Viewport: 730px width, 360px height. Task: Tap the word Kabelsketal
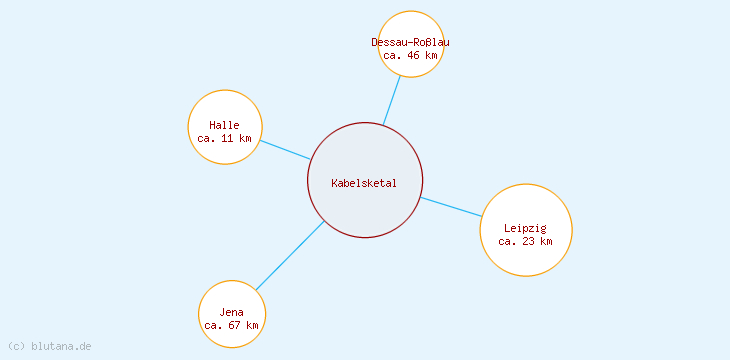(365, 183)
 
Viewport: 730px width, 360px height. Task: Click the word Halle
(225, 125)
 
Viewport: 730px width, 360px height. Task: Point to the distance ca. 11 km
(225, 138)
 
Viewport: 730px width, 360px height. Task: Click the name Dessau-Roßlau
(410, 42)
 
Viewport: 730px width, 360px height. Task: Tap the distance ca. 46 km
(410, 55)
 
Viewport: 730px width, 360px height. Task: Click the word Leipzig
(525, 228)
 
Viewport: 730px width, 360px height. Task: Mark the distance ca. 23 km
(525, 241)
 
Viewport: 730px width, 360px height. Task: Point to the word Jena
(232, 312)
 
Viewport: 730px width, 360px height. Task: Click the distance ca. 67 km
(232, 325)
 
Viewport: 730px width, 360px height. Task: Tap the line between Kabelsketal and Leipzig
(451, 207)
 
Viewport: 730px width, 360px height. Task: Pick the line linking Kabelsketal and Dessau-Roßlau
(392, 100)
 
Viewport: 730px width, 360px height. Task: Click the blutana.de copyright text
(60, 346)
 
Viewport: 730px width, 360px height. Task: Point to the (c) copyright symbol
(16, 346)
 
